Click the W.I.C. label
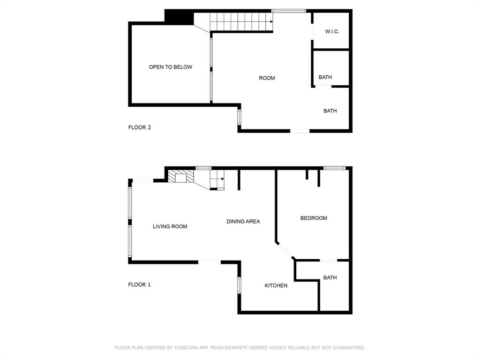coord(332,32)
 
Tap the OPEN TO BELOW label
coord(171,67)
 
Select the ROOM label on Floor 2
coord(267,78)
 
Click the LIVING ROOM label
coord(170,227)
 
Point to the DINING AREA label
coord(243,222)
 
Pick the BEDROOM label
coord(314,218)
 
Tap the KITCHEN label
coord(276,285)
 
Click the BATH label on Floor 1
coord(330,277)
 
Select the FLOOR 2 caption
coord(140,127)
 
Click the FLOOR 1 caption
coord(140,285)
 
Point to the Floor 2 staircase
coord(241,21)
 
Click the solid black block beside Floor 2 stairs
coord(179,17)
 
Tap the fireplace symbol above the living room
coord(181,177)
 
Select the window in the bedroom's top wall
coord(335,168)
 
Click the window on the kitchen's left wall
coord(239,285)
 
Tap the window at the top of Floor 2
coord(289,11)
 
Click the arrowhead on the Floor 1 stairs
coord(223,179)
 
